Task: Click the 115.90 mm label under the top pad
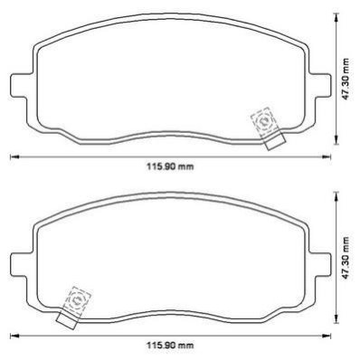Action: (170, 166)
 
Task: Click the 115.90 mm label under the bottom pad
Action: (170, 346)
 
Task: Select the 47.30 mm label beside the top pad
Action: (346, 79)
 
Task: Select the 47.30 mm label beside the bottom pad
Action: (346, 258)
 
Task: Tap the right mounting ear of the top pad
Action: (320, 85)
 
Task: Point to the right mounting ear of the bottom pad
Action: (320, 264)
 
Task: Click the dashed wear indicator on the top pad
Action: (264, 122)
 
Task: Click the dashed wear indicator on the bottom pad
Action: (78, 301)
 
